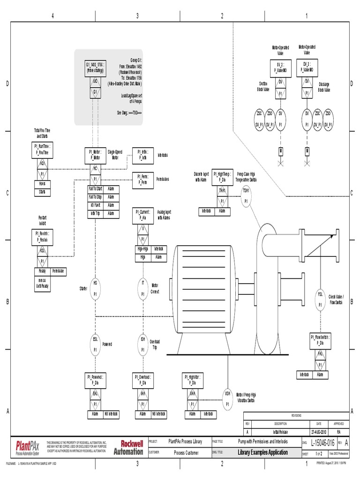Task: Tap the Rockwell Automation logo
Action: click(132, 447)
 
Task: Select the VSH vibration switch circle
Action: click(228, 398)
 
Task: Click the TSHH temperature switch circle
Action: click(246, 196)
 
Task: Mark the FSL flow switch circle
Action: click(321, 299)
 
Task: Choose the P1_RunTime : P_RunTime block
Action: click(42, 149)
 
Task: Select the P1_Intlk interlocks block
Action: click(142, 155)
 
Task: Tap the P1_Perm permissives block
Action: click(142, 179)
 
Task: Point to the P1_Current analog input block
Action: click(142, 215)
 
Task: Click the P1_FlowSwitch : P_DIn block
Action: click(321, 339)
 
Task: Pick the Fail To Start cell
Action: click(95, 189)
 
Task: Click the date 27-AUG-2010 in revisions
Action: click(320, 431)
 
